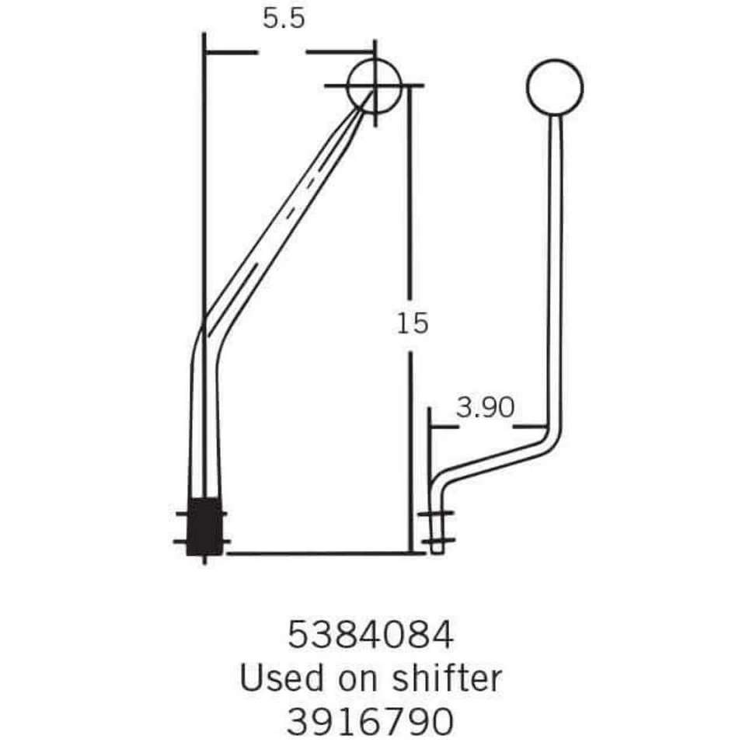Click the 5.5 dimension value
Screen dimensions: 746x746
283,19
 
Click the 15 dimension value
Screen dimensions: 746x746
412,322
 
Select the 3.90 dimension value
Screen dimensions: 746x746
485,408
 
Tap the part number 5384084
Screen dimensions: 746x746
370,636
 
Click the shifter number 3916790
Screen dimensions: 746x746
370,722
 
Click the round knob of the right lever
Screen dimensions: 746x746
554,85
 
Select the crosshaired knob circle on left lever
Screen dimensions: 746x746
374,85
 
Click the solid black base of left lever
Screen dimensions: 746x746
205,526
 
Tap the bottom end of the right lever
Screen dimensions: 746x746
437,545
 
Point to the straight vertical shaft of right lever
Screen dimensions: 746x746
555,272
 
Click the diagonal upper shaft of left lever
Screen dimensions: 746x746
288,218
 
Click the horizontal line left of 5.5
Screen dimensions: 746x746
230,53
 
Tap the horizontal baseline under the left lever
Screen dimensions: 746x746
319,553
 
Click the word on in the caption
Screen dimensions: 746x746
359,678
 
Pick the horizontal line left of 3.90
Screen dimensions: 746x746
441,426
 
